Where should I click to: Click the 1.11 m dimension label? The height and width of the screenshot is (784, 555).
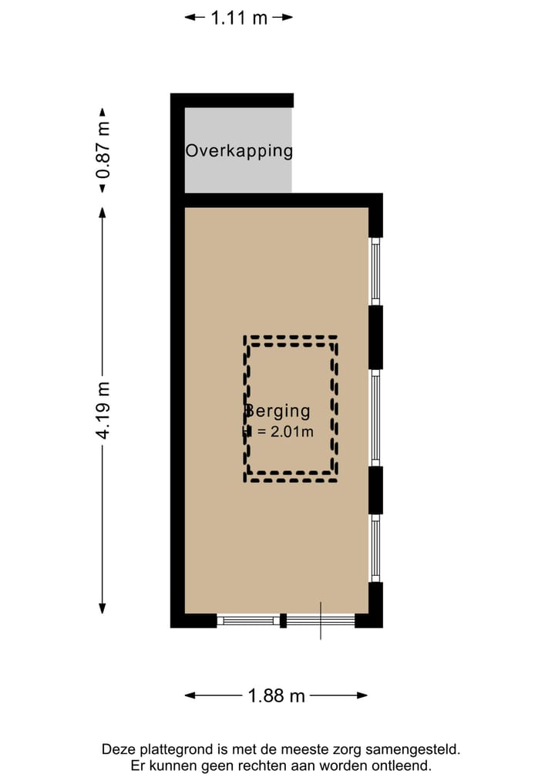(x=239, y=18)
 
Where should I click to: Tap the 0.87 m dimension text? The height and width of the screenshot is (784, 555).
(x=103, y=150)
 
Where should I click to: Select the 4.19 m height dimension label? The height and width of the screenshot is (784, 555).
(x=103, y=410)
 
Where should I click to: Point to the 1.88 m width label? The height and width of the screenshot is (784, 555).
(x=276, y=695)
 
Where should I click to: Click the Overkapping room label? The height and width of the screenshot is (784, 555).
(x=239, y=150)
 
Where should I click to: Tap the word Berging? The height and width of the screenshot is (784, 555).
(x=277, y=412)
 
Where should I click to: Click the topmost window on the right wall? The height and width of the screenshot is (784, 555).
(x=375, y=271)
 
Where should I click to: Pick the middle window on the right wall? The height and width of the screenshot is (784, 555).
(x=375, y=417)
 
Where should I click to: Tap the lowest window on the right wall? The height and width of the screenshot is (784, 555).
(x=375, y=548)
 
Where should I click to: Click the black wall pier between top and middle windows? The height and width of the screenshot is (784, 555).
(x=375, y=337)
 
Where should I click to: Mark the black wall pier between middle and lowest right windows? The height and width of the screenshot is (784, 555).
(x=375, y=490)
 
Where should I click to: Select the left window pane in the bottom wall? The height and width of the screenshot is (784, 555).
(x=247, y=620)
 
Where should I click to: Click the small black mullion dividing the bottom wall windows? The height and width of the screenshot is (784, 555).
(x=283, y=620)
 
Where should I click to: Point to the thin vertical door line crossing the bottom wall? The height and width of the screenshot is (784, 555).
(x=321, y=621)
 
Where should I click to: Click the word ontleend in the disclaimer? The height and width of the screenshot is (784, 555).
(x=402, y=765)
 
